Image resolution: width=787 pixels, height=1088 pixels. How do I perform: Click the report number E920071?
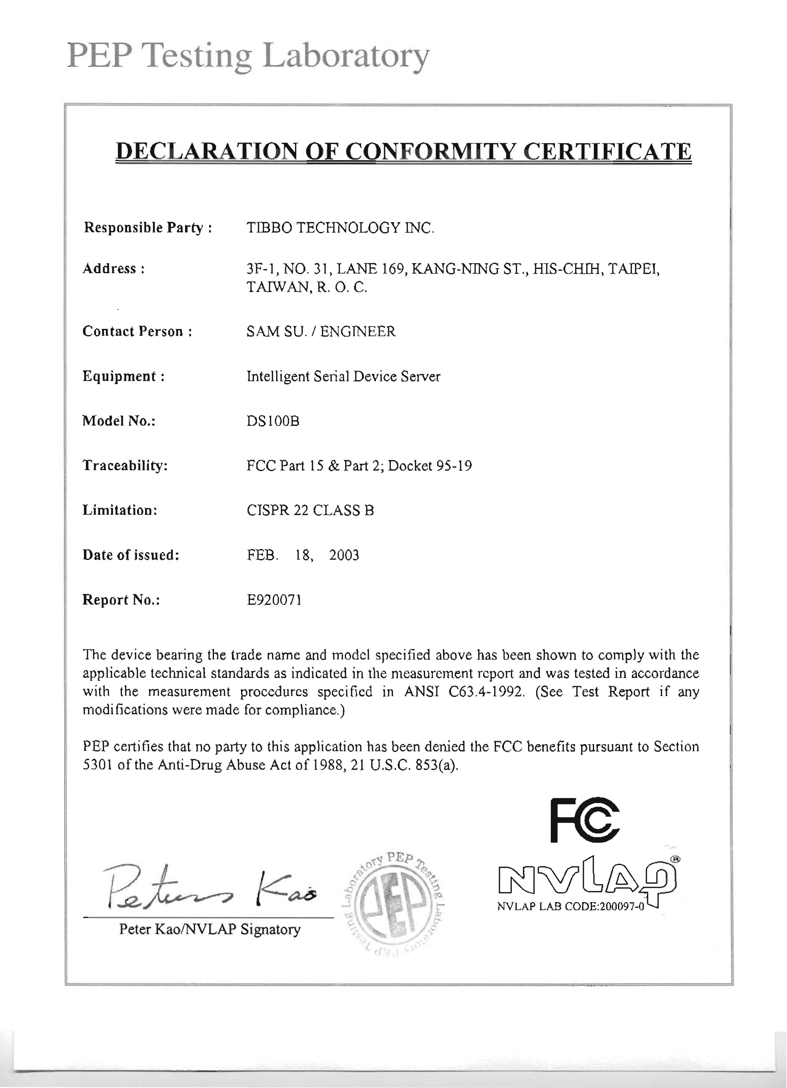[274, 600]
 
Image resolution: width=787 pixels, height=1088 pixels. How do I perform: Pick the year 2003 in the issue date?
[344, 555]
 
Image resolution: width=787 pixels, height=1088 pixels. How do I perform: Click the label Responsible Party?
[147, 227]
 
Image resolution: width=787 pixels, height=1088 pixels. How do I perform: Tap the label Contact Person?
[137, 331]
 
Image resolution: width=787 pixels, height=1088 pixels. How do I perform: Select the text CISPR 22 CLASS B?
[310, 510]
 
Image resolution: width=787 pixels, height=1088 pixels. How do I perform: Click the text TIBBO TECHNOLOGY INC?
[340, 227]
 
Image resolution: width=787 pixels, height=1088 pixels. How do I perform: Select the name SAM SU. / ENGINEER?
[321, 331]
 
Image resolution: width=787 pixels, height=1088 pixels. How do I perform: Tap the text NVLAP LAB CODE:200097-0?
[571, 907]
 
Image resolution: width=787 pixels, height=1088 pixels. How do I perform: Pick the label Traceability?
[125, 465]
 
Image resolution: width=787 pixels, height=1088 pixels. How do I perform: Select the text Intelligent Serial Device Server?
[343, 376]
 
